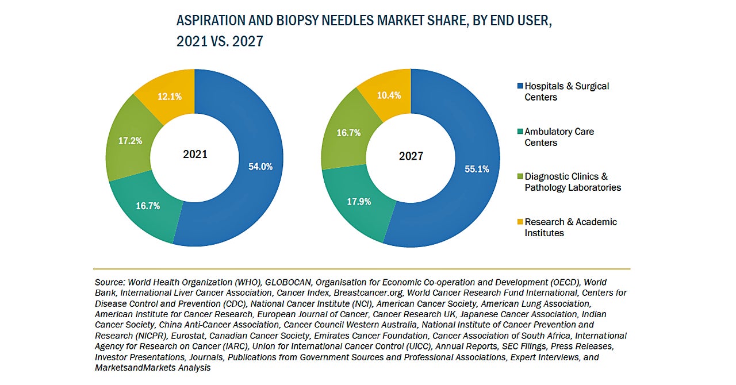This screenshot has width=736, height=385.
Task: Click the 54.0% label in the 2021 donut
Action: (260, 167)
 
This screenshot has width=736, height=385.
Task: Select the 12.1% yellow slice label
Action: (170, 97)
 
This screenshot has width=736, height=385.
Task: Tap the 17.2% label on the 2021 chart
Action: (131, 140)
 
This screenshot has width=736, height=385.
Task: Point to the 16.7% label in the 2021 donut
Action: (148, 206)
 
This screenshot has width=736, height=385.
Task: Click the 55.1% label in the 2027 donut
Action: (477, 169)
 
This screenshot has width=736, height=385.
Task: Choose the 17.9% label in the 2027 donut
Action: (359, 202)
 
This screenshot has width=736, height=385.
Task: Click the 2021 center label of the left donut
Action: (195, 154)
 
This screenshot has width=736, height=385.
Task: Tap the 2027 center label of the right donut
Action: (411, 156)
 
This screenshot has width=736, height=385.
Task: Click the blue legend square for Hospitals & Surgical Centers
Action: (520, 86)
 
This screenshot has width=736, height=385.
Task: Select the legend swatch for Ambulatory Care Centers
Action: (520, 132)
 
